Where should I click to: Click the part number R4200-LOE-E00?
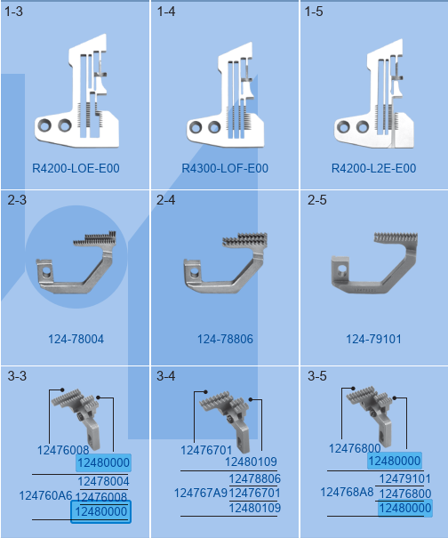(76, 168)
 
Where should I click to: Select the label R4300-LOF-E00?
(225, 168)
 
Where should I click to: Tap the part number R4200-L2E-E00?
(373, 168)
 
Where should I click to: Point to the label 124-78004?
(76, 339)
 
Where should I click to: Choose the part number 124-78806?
(225, 339)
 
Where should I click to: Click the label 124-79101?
(373, 339)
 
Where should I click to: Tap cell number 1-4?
(166, 12)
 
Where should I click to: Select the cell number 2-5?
(317, 200)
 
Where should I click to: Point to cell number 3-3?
(17, 376)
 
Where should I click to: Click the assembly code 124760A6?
(45, 495)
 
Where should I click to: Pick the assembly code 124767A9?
(201, 493)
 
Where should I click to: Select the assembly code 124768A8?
(347, 492)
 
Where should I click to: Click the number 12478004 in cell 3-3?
(104, 481)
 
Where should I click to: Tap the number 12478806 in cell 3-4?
(255, 478)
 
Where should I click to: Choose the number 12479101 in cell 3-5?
(404, 478)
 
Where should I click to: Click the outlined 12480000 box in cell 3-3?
(100, 511)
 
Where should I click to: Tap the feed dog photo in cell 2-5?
(374, 263)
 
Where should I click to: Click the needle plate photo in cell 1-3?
(76, 92)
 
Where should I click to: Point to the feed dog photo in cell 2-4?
(226, 263)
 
